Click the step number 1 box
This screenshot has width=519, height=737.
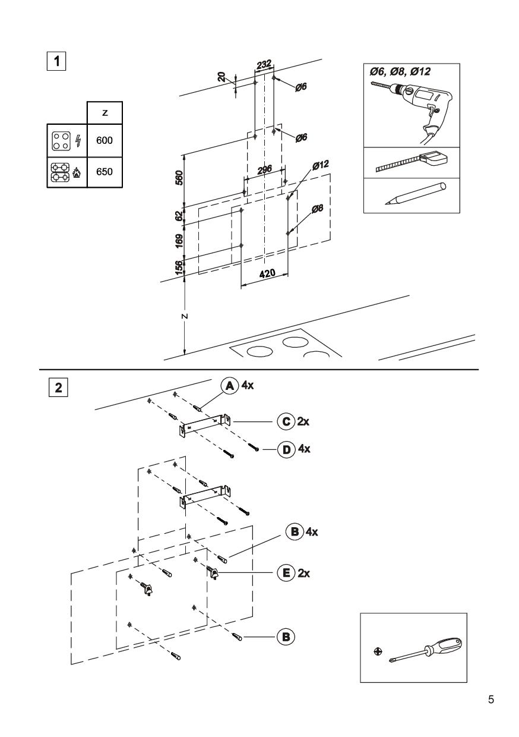(x=56, y=61)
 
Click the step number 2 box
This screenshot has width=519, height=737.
(x=58, y=388)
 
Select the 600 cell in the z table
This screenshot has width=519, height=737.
(x=105, y=140)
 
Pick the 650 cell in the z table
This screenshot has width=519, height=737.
(x=105, y=172)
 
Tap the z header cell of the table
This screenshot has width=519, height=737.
(x=105, y=113)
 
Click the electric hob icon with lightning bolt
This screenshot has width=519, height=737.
(x=67, y=141)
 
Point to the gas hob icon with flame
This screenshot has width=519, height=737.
(x=66, y=172)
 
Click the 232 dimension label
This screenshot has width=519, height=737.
(x=264, y=64)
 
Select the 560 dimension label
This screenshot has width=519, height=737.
(x=179, y=178)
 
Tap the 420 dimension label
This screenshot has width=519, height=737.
(x=267, y=273)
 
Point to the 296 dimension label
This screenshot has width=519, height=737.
(x=265, y=170)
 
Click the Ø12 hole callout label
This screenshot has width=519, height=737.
(x=321, y=165)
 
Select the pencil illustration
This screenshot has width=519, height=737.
(x=416, y=194)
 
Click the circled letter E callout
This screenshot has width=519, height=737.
(x=286, y=574)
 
